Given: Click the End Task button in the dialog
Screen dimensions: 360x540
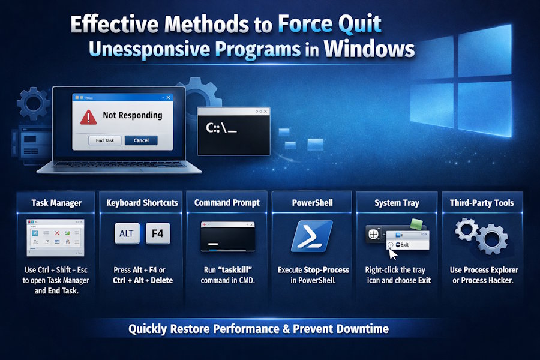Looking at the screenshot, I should click(105, 140).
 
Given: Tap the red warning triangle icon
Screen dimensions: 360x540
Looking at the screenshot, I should click(89, 117).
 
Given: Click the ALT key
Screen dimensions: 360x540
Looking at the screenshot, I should click(127, 233).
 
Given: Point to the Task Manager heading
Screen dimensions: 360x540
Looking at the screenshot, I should click(56, 203).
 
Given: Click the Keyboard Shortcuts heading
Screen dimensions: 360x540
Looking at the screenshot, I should click(142, 203).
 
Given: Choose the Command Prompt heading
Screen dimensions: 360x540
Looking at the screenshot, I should click(226, 203).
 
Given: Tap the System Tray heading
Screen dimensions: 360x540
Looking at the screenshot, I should click(396, 203).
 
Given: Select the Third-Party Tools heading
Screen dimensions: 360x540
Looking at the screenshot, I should click(482, 203).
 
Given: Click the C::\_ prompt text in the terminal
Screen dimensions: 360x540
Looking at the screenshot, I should click(221, 128).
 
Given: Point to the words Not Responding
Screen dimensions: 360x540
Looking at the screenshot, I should click(133, 115).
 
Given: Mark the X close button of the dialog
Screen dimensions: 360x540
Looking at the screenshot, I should click(168, 98).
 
